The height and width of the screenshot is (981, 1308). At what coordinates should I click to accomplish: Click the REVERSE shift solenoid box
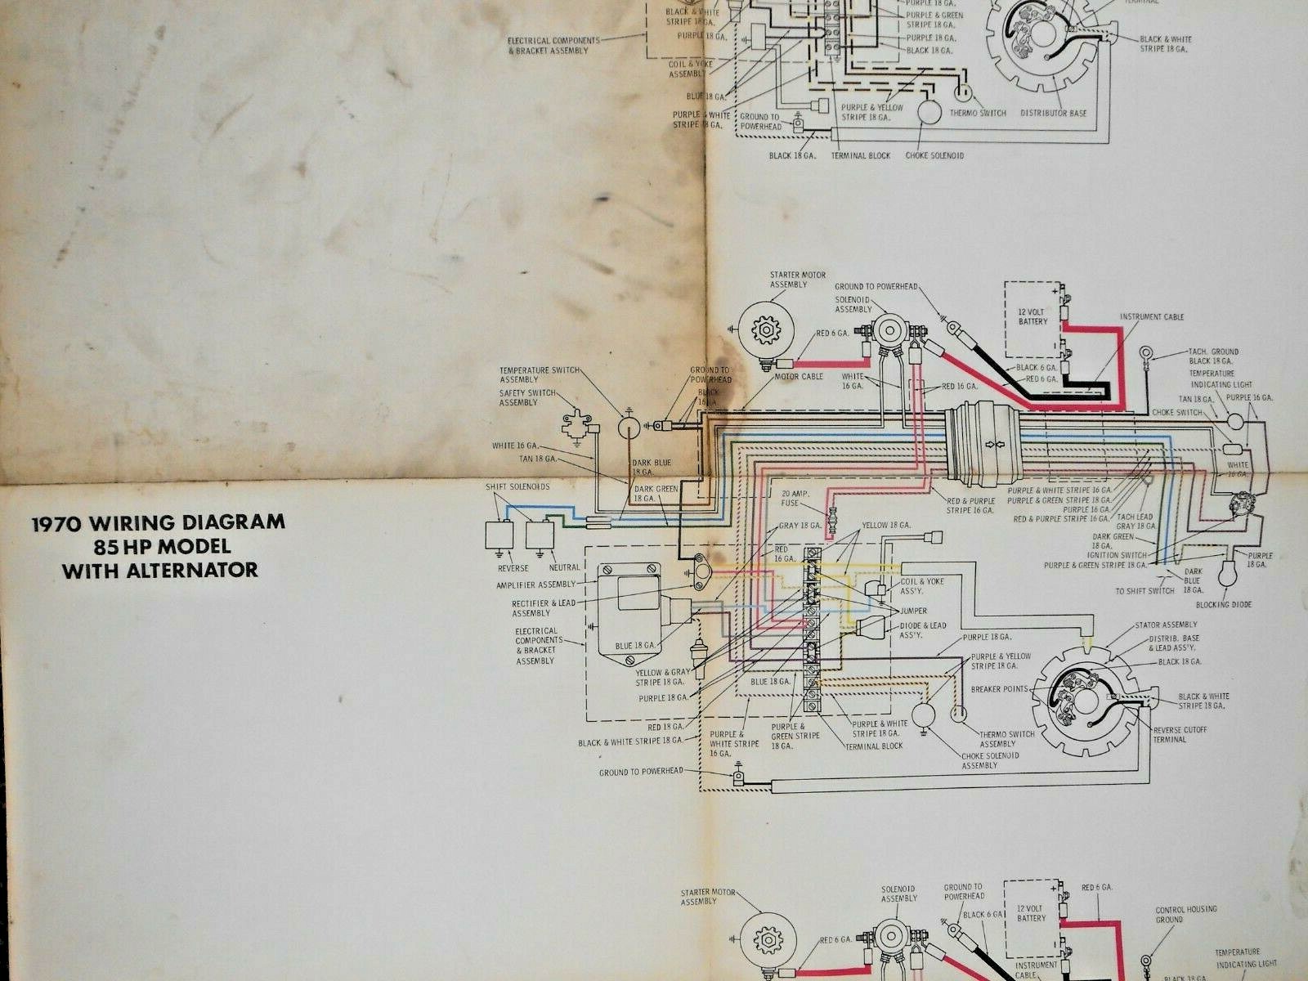point(499,536)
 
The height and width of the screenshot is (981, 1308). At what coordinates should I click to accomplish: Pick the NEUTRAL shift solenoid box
point(540,536)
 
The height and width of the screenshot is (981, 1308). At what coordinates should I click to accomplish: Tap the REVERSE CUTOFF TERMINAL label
point(1180,734)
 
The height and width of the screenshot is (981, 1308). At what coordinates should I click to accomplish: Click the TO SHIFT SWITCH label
point(1144,591)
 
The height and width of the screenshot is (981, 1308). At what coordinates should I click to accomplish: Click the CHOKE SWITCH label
point(1176,413)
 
